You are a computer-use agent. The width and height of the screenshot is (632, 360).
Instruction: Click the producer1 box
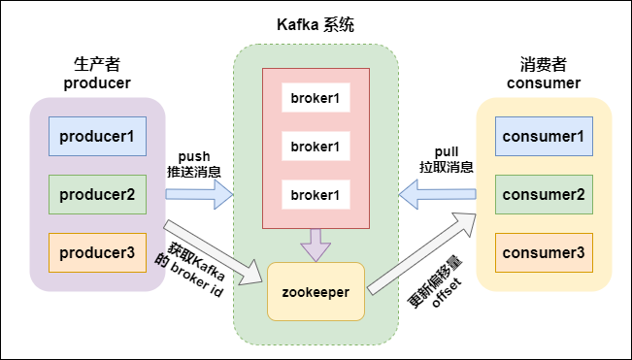[x=97, y=137]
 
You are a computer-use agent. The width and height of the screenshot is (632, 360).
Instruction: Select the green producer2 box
[x=97, y=194]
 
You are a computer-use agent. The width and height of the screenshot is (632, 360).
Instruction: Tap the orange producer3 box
[x=97, y=252]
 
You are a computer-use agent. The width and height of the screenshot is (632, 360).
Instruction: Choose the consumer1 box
[x=544, y=137]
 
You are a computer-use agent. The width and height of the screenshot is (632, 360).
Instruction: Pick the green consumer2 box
[x=544, y=194]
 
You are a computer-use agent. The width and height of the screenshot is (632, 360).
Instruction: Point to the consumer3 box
[x=544, y=252]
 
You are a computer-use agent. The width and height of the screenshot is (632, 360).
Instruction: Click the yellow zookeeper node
[x=316, y=291]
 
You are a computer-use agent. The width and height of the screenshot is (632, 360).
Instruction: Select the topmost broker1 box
[x=316, y=97]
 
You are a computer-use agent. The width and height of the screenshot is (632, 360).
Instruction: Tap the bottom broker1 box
[x=316, y=194]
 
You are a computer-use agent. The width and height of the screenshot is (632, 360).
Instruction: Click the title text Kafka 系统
[x=316, y=25]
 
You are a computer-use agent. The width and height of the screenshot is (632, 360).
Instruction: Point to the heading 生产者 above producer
[x=97, y=64]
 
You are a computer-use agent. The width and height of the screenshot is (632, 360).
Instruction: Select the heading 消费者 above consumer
[x=544, y=64]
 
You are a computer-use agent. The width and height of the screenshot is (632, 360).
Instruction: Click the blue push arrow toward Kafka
[x=200, y=194]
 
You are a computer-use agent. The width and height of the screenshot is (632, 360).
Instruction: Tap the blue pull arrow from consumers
[x=437, y=194]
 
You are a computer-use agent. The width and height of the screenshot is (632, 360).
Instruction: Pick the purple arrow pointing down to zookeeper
[x=316, y=245]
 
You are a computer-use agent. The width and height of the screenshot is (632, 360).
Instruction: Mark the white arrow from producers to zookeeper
[x=213, y=253]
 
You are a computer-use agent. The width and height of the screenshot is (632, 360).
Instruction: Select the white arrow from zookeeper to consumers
[x=421, y=253]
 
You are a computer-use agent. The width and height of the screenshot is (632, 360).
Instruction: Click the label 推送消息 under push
[x=194, y=171]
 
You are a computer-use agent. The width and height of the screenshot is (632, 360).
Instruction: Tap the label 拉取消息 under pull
[x=447, y=167]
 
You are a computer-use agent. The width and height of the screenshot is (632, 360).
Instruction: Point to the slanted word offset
[x=447, y=293]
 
